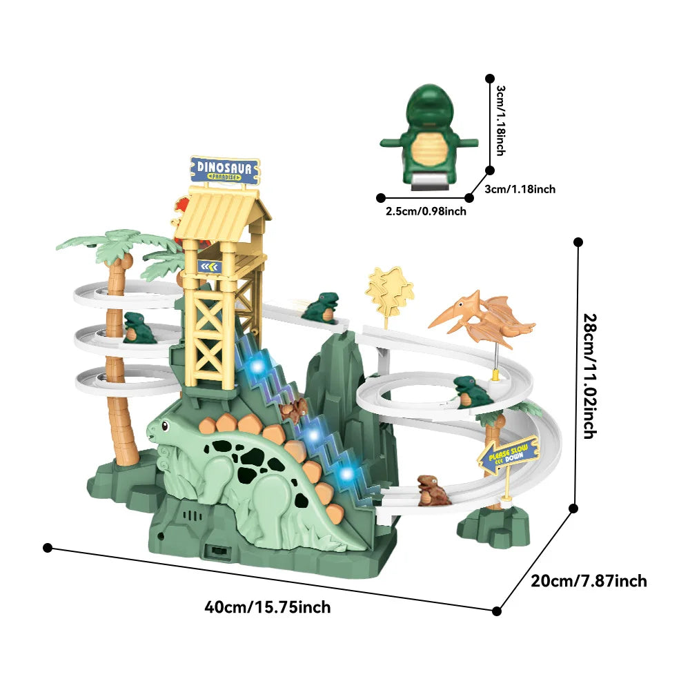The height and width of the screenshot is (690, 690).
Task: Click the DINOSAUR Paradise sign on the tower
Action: [x=225, y=170]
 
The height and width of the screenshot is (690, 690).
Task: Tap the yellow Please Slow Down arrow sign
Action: [x=509, y=455]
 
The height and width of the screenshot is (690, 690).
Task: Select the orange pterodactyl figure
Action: [x=483, y=317]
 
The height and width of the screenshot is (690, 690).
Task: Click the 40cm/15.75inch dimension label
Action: [x=268, y=607]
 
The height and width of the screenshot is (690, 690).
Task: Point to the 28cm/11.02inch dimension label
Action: [x=589, y=376]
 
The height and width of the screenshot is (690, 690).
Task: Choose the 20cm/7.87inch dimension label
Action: [x=589, y=581]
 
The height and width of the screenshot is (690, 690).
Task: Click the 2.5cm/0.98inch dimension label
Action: [x=426, y=211]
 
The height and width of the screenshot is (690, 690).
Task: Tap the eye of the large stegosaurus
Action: [x=161, y=426]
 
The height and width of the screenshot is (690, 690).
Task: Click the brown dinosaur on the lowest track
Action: [x=433, y=490]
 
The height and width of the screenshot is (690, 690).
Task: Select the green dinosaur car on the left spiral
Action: [x=139, y=328]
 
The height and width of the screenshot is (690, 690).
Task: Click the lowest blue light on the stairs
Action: [x=347, y=474]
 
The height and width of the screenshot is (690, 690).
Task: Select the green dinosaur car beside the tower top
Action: [x=322, y=307]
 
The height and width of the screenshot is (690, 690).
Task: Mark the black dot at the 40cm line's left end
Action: [x=47, y=547]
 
